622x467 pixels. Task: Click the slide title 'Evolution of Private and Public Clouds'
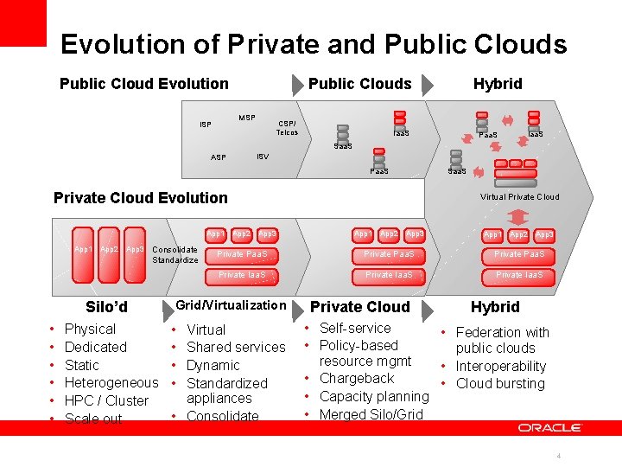[314, 45]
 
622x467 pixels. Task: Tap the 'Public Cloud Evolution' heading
[144, 84]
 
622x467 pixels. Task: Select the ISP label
[206, 125]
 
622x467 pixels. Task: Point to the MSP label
[247, 118]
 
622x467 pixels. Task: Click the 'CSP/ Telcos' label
[288, 127]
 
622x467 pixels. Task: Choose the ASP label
[219, 157]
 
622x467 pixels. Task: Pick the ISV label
[263, 156]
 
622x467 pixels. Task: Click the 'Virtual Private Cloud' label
[519, 196]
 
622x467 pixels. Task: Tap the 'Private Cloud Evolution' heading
[141, 198]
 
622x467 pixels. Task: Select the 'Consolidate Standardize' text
[175, 255]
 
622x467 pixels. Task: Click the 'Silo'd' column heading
[107, 307]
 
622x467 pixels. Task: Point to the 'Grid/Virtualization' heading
[231, 305]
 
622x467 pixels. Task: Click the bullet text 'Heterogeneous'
[111, 382]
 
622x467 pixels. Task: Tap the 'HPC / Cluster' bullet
[106, 400]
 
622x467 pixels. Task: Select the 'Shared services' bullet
[236, 347]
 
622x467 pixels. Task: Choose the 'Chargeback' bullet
[356, 379]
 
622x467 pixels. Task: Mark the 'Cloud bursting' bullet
[500, 383]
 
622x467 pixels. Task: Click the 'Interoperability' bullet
[501, 366]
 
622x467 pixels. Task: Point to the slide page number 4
[560, 456]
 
